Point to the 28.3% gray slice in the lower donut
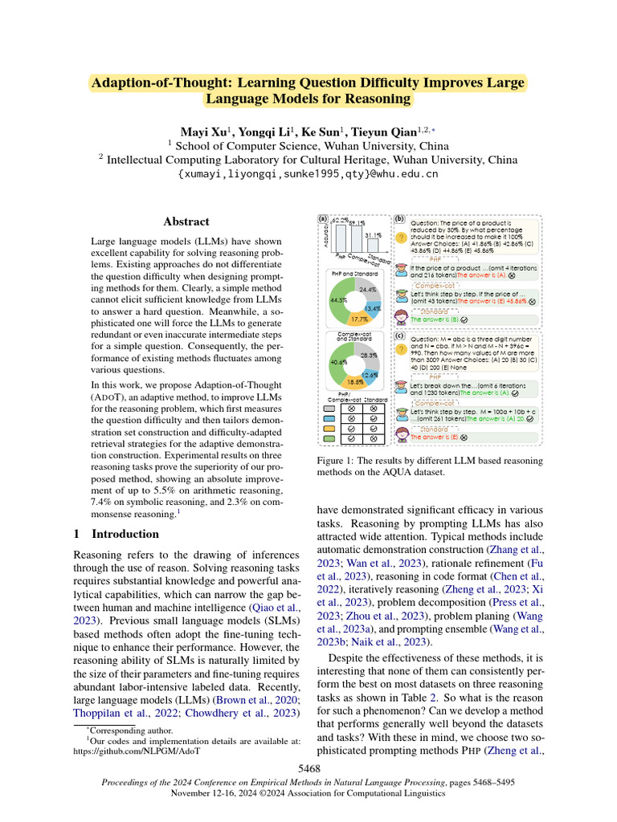[369, 355]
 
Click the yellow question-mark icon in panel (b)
[401, 238]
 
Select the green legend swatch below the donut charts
[330, 439]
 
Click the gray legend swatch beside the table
[330, 408]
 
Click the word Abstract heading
[186, 222]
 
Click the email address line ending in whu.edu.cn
[308, 173]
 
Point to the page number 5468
[308, 768]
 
